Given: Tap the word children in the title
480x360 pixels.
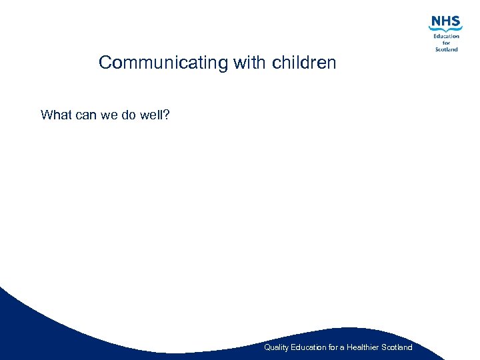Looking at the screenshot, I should [x=304, y=63].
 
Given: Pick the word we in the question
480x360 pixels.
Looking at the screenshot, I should [x=109, y=115].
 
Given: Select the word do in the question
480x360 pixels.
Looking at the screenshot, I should [x=130, y=115].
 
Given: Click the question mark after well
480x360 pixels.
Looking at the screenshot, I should [x=166, y=115].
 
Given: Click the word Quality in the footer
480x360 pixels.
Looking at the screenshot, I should [x=276, y=347].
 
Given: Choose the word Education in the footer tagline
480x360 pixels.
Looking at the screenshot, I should [x=309, y=347].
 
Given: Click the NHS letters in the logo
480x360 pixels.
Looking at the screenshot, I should [x=445, y=21].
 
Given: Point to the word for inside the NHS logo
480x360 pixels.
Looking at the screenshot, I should [x=447, y=43].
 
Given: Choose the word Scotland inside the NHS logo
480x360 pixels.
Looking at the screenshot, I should [x=446, y=49].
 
